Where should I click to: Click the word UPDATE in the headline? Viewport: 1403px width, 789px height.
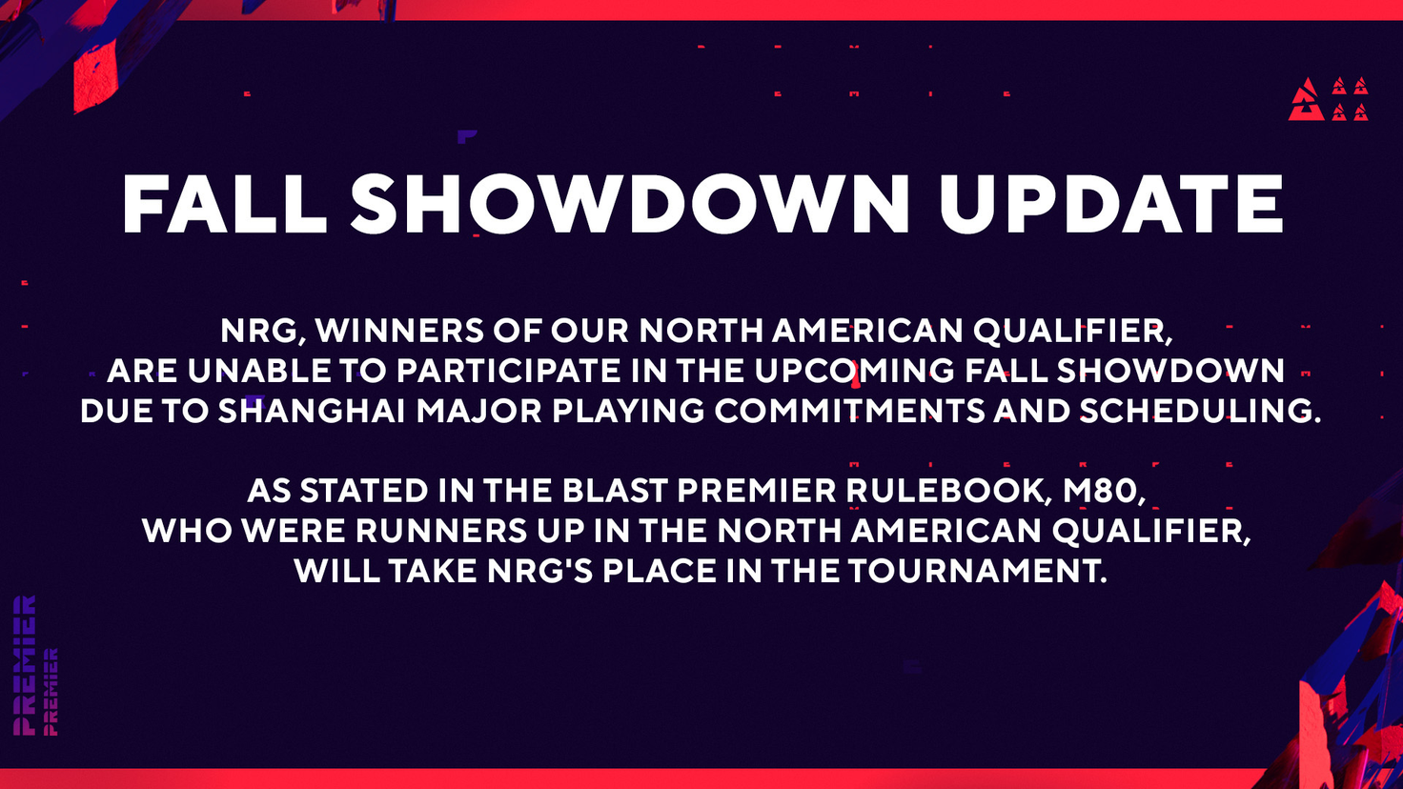click(x=1111, y=204)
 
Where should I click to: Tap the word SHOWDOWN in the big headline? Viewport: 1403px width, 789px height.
click(x=630, y=204)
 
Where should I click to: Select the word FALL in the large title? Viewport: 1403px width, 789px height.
click(x=225, y=204)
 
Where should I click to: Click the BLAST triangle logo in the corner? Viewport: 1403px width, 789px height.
click(x=1328, y=99)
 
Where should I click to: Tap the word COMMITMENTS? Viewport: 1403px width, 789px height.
click(x=850, y=411)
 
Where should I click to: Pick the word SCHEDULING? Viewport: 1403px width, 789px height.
click(x=1200, y=411)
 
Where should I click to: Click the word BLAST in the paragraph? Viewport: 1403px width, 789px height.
click(x=615, y=491)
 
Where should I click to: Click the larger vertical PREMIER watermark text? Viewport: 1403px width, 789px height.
click(x=25, y=665)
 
